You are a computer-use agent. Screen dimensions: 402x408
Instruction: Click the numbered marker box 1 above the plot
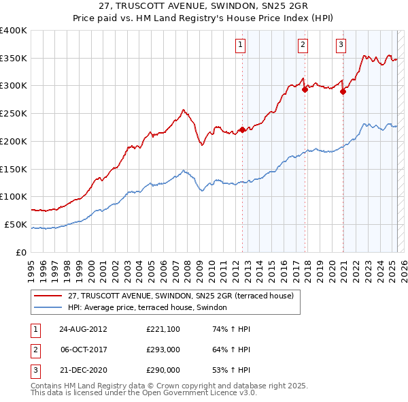tap(241, 46)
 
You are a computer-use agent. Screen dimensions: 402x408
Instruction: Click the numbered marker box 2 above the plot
tap(303, 46)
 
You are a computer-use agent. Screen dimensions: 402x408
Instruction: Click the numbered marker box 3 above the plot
tap(340, 46)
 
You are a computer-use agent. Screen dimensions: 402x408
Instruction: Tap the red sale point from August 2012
tap(242, 129)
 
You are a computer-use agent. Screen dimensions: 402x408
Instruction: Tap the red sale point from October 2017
tap(305, 89)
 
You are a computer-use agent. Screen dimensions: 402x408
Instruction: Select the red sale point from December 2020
tap(343, 91)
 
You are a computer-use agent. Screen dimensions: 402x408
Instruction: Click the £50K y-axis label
tap(16, 224)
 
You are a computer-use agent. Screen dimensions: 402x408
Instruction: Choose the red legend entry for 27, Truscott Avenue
tap(180, 296)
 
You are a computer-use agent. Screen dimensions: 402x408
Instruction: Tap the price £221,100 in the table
tap(163, 329)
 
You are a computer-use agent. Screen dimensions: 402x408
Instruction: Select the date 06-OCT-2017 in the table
tap(83, 350)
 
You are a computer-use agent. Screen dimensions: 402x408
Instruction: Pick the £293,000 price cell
tap(163, 350)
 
